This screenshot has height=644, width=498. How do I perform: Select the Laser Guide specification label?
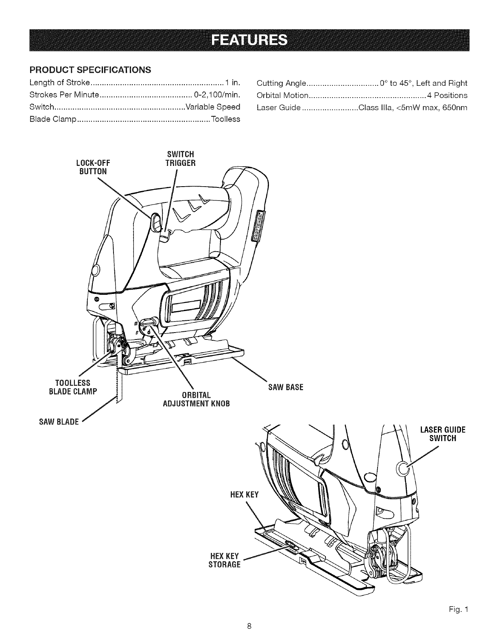click(279, 108)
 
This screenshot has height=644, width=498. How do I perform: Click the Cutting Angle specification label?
click(281, 84)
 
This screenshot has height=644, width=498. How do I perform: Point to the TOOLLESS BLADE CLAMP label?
click(76, 387)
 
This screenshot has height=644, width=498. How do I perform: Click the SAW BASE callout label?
click(286, 387)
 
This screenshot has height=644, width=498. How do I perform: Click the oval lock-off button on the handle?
click(155, 222)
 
